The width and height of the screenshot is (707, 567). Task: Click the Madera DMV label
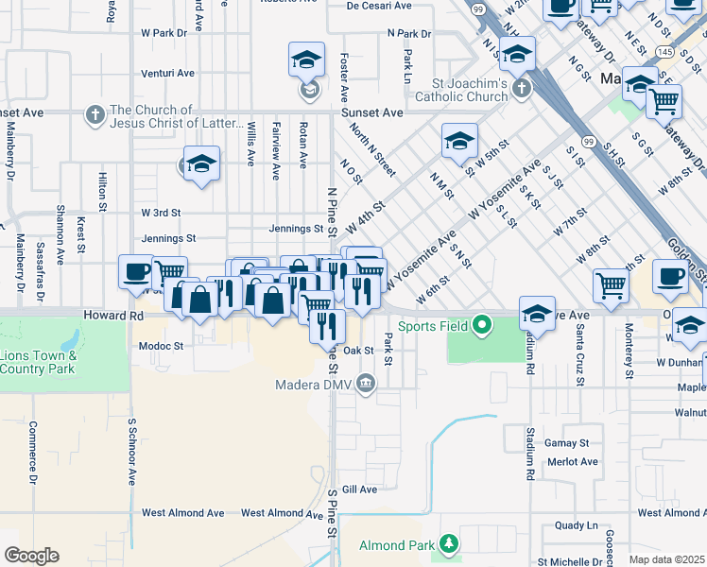tap(313, 385)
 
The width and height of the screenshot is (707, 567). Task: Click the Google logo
tap(31, 555)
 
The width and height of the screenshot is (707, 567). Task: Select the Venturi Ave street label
tap(167, 73)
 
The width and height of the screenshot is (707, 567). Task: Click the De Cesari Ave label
tap(379, 6)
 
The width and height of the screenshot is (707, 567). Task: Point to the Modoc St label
tap(160, 347)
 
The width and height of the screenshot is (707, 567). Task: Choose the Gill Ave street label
tap(359, 490)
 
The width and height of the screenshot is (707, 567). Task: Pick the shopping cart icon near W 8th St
tap(611, 283)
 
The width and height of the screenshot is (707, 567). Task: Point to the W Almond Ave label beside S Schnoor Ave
tap(182, 513)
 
